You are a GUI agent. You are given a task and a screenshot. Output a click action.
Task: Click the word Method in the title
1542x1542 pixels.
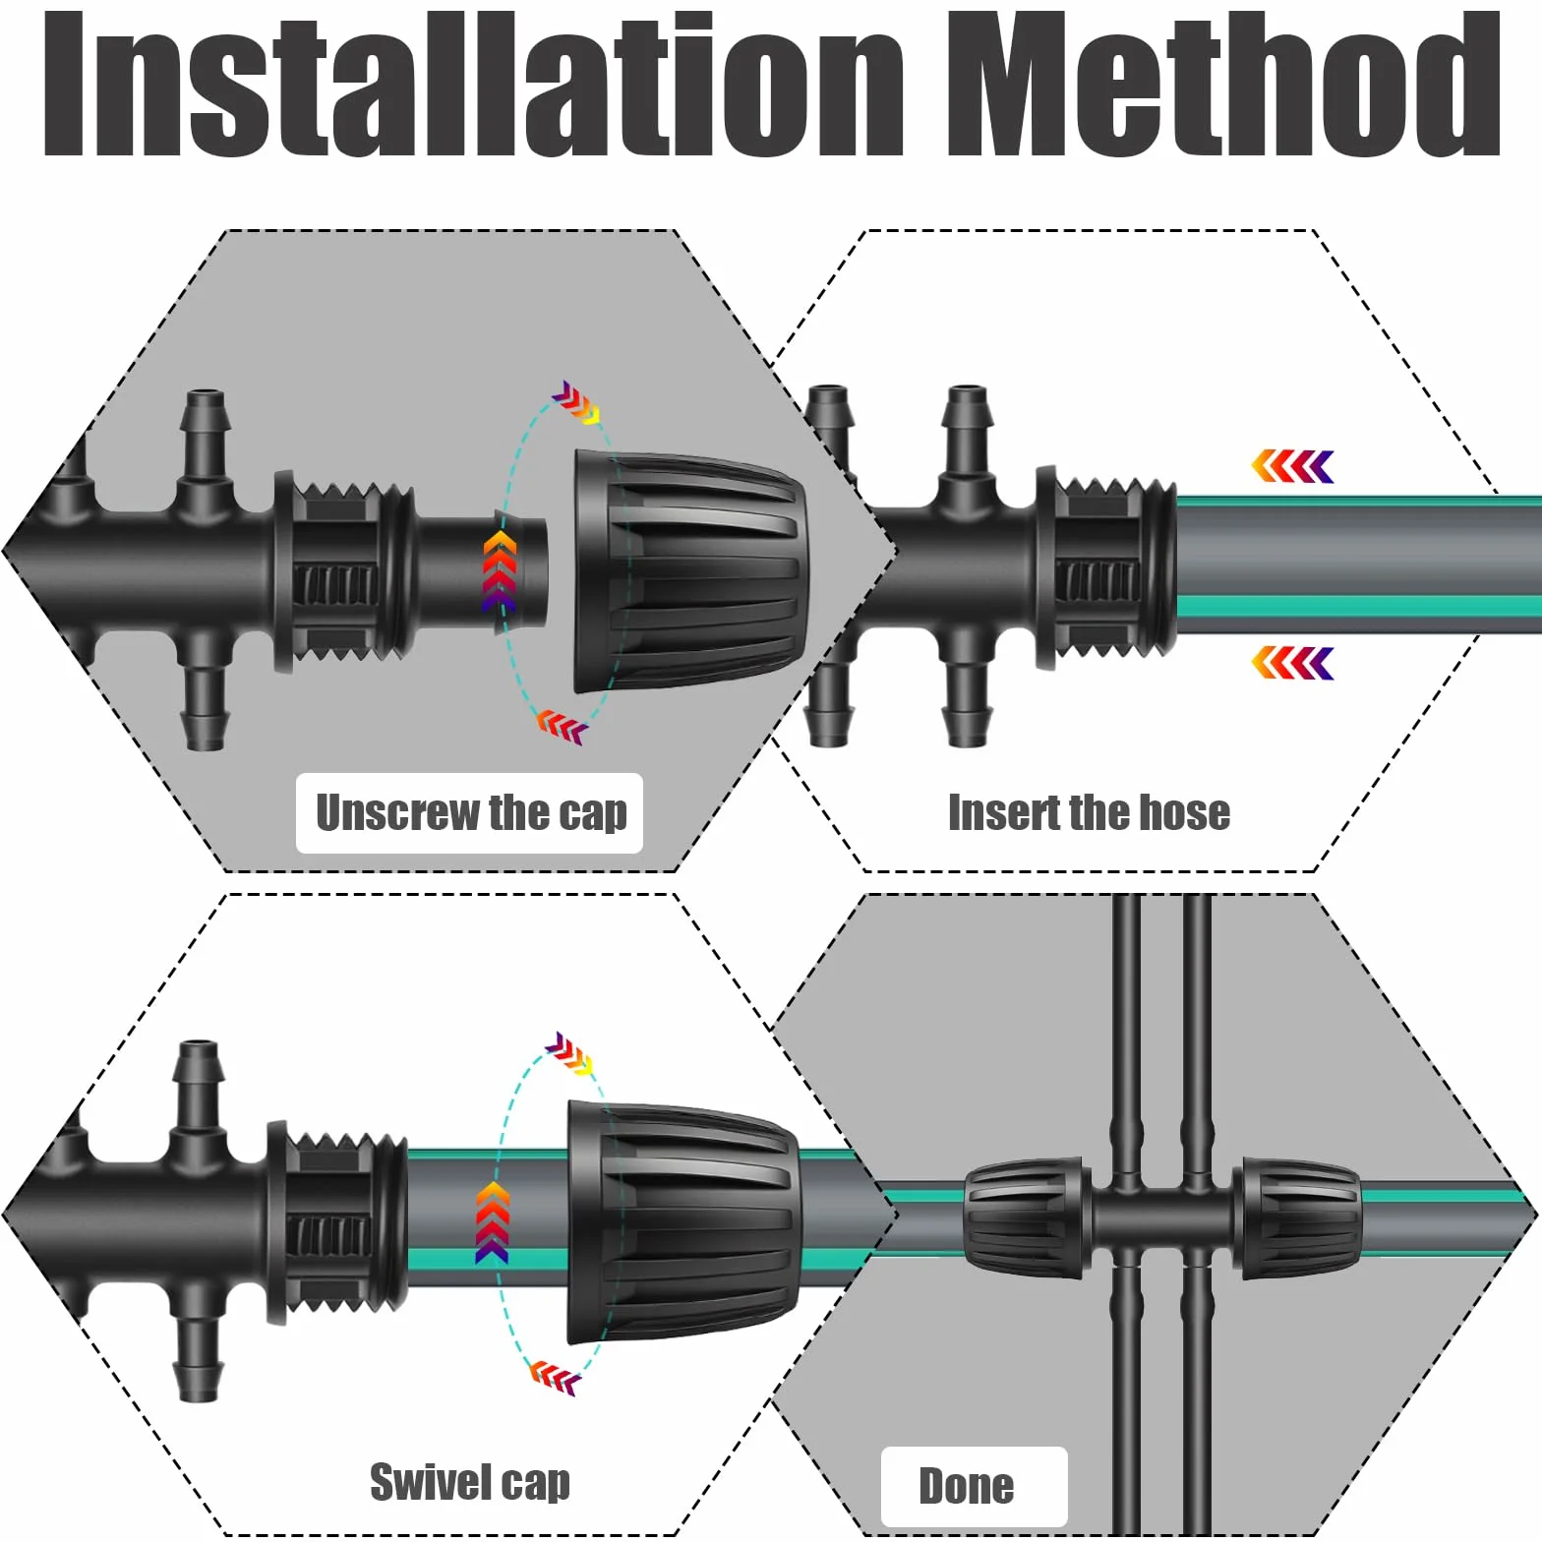click(1223, 86)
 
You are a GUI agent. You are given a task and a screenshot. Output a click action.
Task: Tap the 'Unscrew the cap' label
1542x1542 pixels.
click(470, 813)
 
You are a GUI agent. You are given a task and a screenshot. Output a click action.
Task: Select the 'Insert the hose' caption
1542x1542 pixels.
click(1089, 813)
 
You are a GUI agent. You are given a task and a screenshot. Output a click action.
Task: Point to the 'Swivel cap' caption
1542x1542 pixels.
click(470, 1482)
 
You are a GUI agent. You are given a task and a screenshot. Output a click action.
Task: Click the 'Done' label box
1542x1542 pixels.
click(974, 1486)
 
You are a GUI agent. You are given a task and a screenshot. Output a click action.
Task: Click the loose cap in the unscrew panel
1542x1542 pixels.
click(690, 572)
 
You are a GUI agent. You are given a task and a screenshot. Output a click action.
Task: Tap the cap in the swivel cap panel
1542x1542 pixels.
click(684, 1222)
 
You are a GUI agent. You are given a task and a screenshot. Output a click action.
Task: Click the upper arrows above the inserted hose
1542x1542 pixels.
click(1292, 466)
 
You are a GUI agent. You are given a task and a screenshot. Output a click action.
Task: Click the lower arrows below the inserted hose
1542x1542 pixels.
click(1292, 663)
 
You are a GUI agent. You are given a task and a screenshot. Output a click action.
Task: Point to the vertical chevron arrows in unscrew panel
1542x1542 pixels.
click(500, 571)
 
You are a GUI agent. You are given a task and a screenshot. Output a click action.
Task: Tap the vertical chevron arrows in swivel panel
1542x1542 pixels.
click(493, 1222)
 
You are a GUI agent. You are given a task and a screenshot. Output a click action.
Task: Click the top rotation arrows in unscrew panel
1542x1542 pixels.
click(576, 402)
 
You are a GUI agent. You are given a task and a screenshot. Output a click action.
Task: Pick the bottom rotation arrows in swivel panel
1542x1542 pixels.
click(557, 1376)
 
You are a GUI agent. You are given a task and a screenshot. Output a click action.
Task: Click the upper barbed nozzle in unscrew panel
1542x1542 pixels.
click(206, 438)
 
